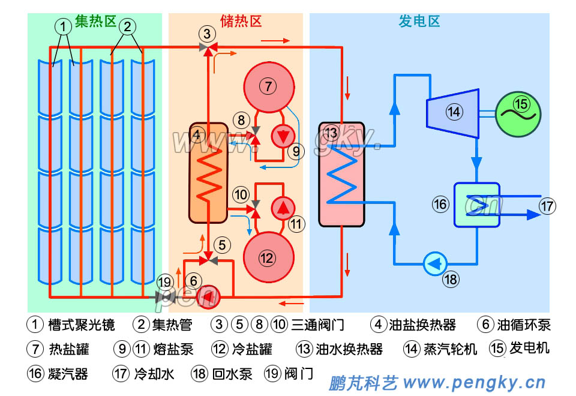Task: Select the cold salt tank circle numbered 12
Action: (x=266, y=257)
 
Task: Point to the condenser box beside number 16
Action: (x=476, y=204)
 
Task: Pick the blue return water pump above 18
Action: (x=434, y=263)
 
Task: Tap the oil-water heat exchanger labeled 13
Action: (x=341, y=175)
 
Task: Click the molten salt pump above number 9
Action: (x=281, y=136)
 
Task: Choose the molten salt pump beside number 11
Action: (x=281, y=208)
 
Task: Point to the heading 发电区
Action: (x=419, y=22)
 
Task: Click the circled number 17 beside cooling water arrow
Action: (x=547, y=206)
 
